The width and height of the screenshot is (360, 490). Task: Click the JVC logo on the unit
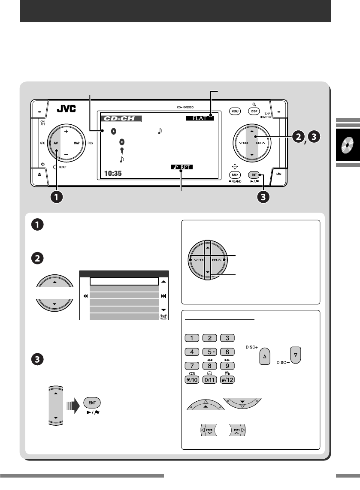(x=66, y=109)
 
